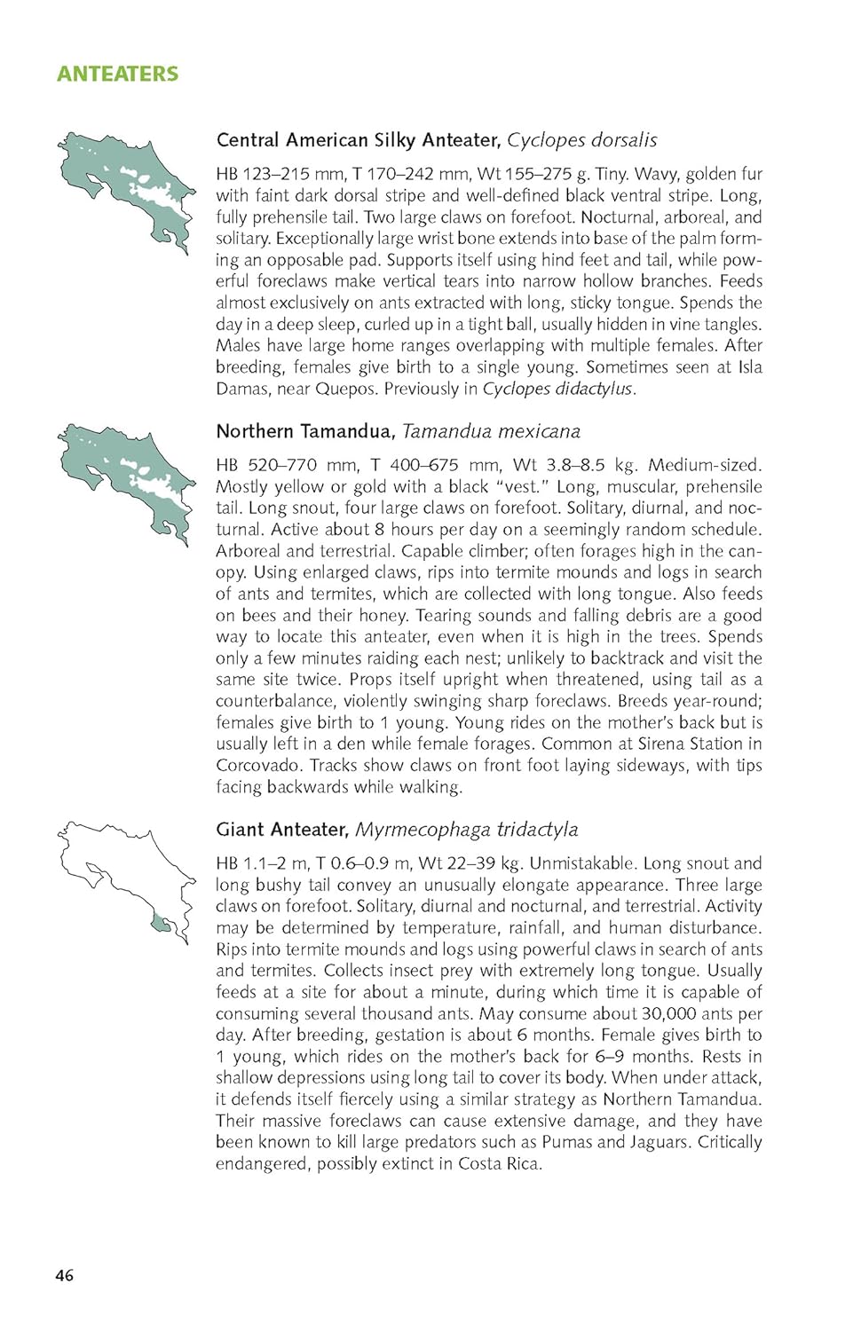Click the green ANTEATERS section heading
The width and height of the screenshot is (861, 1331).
pos(117,74)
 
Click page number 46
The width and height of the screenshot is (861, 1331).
pos(65,1275)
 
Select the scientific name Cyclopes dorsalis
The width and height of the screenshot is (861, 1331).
pos(581,140)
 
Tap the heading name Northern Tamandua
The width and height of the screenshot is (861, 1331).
pos(304,431)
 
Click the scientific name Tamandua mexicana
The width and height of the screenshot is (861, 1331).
pos(491,431)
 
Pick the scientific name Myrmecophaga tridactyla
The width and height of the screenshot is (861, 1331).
pos(466,830)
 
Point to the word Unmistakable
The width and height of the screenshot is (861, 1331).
pos(581,863)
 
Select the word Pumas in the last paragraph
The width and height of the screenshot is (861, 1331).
pos(566,1142)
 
